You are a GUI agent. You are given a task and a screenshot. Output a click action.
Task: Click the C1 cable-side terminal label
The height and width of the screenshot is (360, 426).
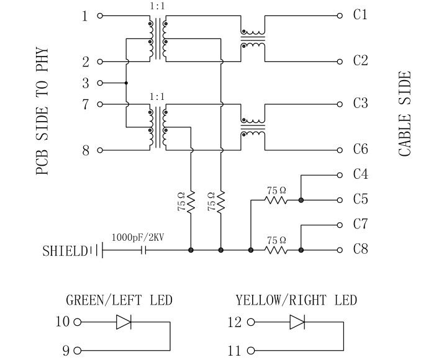(x=360, y=14)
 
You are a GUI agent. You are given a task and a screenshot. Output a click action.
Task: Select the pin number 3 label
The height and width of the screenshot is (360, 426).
(x=86, y=83)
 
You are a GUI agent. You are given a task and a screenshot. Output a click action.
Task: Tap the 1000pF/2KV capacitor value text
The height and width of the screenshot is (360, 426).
(x=138, y=237)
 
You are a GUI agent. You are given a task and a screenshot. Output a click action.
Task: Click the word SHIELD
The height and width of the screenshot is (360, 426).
(x=65, y=251)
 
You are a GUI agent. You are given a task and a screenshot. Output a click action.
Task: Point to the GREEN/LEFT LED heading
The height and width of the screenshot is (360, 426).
(x=119, y=300)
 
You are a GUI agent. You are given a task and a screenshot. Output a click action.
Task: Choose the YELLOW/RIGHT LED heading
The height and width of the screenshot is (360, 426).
(x=296, y=300)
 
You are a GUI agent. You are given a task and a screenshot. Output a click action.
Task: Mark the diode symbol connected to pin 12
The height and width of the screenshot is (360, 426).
(x=297, y=322)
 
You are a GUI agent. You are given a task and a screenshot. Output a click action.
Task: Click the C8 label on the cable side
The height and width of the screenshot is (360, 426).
(x=360, y=250)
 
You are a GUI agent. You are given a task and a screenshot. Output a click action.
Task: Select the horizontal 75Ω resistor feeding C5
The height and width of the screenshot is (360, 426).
(x=276, y=200)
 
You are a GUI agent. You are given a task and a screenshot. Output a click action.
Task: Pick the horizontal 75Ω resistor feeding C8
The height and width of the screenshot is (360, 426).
(x=276, y=250)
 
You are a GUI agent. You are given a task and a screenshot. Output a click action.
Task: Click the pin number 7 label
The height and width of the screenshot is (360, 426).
(x=86, y=104)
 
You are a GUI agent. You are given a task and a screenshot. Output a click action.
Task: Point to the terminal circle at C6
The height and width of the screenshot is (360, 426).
(x=340, y=150)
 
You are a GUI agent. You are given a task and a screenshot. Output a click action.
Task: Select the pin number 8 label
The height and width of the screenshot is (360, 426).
(x=86, y=150)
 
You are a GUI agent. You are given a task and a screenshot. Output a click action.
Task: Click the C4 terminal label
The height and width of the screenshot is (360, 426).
(x=360, y=174)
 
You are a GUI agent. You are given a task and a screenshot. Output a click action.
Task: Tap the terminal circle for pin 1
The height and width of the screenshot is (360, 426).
(x=100, y=16)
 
